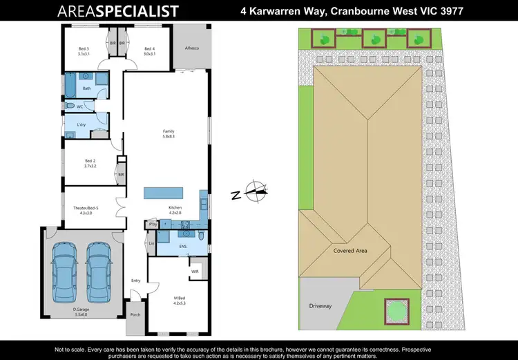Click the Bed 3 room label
[84, 51]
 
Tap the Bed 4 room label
[149, 51]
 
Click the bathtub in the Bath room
[70, 87]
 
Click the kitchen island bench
[163, 193]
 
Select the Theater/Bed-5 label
[87, 211]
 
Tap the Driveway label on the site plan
[320, 305]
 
